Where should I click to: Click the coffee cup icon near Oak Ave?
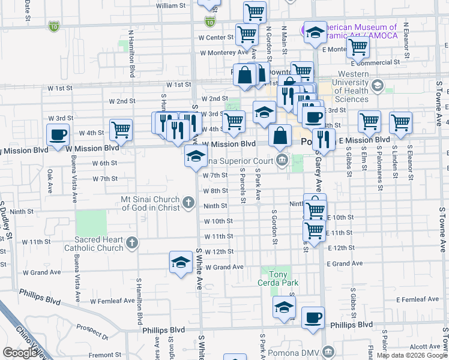click(x=58, y=134)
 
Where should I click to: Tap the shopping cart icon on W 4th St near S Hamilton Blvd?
click(x=121, y=129)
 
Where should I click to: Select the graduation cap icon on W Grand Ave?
click(x=181, y=262)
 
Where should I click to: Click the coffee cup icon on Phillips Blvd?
click(x=312, y=317)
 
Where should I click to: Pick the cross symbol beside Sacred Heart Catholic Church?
click(x=132, y=243)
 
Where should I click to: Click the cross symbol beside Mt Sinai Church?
click(x=188, y=202)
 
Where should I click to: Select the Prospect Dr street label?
click(x=92, y=332)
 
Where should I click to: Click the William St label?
click(x=170, y=5)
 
